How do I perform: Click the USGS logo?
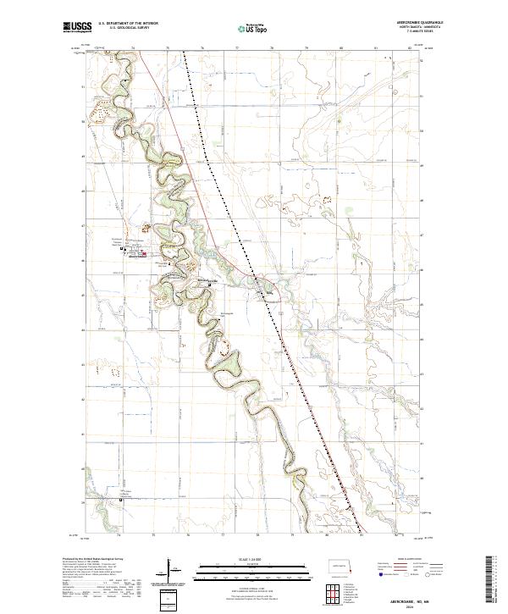point(77,27)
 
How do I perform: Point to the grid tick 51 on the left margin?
point(82,86)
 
